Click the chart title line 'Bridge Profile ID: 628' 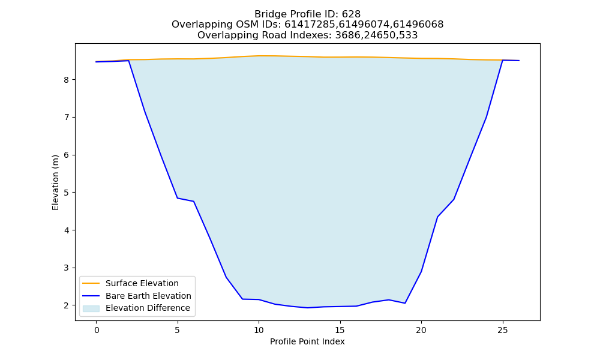pyautogui.click(x=307, y=14)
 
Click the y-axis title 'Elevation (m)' pyautogui.click(x=55, y=182)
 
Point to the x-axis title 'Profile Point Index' pyautogui.click(x=307, y=341)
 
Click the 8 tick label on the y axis pyautogui.click(x=66, y=80)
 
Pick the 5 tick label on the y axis pyautogui.click(x=66, y=193)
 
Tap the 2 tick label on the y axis pyautogui.click(x=66, y=305)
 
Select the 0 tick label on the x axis pyautogui.click(x=97, y=330)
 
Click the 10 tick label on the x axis pyautogui.click(x=259, y=330)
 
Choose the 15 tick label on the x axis pyautogui.click(x=340, y=330)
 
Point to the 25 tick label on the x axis pyautogui.click(x=502, y=330)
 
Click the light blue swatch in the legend pyautogui.click(x=91, y=308)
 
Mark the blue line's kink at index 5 pyautogui.click(x=178, y=198)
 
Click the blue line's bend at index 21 pyautogui.click(x=437, y=217)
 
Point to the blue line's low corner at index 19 pyautogui.click(x=405, y=303)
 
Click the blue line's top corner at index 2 pyautogui.click(x=129, y=61)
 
